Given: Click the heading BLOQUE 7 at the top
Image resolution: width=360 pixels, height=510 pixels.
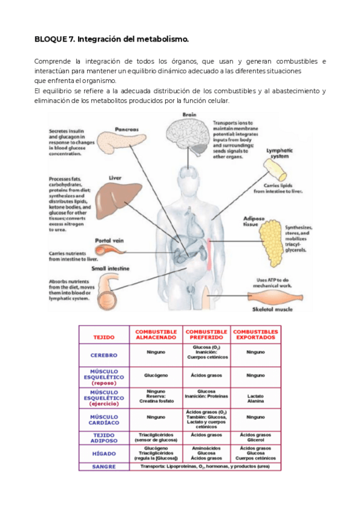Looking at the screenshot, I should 112,40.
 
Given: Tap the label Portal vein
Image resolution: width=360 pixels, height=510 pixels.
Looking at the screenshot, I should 109,241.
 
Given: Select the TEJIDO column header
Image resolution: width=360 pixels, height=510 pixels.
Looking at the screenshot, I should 104,337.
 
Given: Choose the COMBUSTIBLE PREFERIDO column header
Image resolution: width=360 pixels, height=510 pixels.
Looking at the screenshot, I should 206,334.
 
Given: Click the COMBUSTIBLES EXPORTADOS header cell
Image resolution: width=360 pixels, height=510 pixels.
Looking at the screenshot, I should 255,334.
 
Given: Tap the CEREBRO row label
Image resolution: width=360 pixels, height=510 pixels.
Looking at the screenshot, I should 104,355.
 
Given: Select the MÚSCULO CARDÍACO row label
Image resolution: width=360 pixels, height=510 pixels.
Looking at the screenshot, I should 104,419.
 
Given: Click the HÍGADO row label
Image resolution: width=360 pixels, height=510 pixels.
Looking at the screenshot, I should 104,453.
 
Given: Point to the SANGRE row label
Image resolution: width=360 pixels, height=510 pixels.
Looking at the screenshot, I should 104,466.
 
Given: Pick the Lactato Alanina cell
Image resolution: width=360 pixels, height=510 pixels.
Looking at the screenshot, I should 255,399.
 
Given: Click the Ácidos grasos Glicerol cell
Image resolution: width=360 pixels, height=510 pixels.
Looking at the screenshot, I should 255,437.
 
